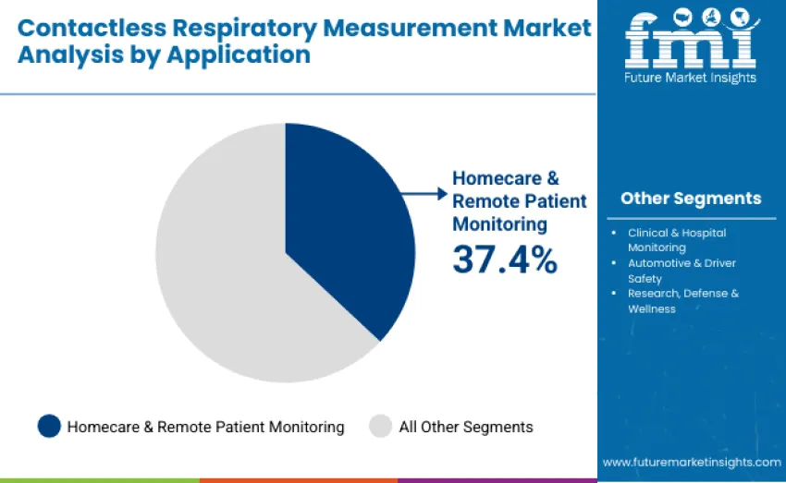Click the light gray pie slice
[x=222, y=277]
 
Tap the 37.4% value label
[x=505, y=260]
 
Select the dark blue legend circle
[x=49, y=427]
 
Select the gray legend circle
[x=381, y=427]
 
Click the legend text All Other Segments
[x=466, y=427]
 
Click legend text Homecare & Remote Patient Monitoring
[x=205, y=427]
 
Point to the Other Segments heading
[x=691, y=199]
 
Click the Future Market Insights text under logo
[x=691, y=78]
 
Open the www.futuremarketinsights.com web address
[x=692, y=462]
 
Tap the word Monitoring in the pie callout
[x=499, y=223]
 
